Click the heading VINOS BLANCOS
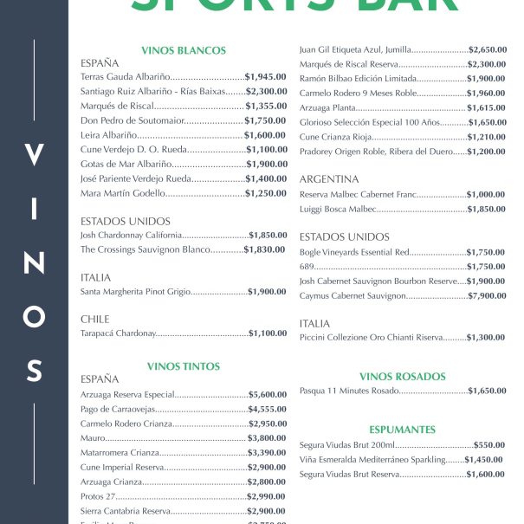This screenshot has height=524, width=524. (x=183, y=50)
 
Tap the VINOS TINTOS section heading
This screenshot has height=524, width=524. (x=183, y=366)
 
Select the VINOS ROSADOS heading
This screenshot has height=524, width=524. (x=402, y=377)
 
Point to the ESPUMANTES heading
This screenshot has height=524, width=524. (x=402, y=430)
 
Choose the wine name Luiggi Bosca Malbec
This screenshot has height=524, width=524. (x=338, y=210)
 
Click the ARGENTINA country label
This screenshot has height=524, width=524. (x=328, y=179)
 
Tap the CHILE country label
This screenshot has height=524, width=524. (x=95, y=320)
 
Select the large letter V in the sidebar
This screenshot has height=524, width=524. (x=34, y=157)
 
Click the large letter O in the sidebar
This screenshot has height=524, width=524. (x=34, y=317)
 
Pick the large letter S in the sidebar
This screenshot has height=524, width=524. (x=34, y=371)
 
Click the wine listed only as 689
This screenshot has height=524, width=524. (x=307, y=267)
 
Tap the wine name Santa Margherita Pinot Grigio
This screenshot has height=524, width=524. (x=134, y=292)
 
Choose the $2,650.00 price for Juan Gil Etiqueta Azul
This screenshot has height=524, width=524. (x=487, y=49)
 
